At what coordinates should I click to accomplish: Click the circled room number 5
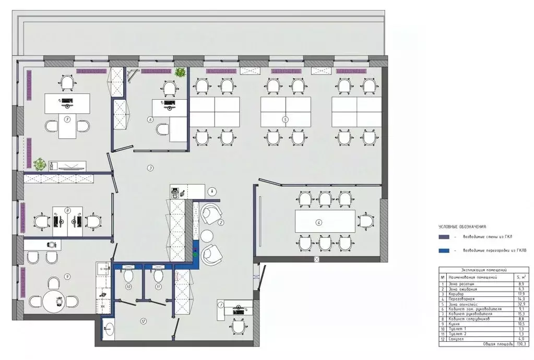click(x=285, y=119)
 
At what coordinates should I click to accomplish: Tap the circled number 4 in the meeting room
click(x=319, y=223)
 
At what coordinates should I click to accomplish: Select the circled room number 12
click(x=143, y=321)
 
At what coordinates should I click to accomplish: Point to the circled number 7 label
click(x=67, y=119)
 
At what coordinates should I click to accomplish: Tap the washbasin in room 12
click(x=109, y=329)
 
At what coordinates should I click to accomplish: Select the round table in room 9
click(x=54, y=301)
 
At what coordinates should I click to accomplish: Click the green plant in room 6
click(x=181, y=73)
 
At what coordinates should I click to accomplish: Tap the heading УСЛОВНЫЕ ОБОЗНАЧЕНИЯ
click(x=462, y=227)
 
